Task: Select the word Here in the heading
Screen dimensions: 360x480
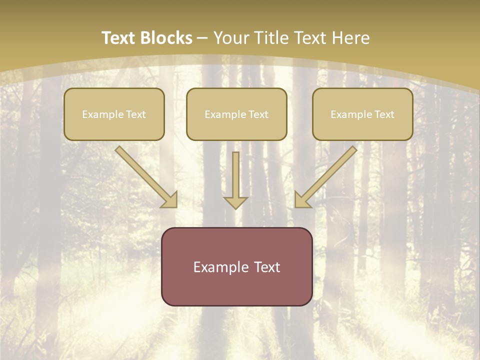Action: pyautogui.click(x=350, y=38)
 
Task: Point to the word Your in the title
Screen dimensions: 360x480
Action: pyautogui.click(x=231, y=38)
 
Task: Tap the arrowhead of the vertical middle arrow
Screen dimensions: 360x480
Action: pyautogui.click(x=235, y=202)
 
